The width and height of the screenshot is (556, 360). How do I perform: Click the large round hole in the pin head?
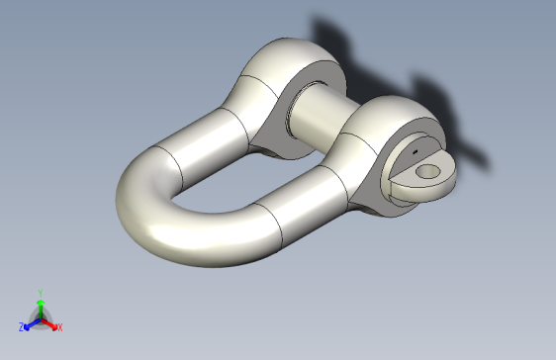[428, 172]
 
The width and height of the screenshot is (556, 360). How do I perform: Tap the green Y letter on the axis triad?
[40, 294]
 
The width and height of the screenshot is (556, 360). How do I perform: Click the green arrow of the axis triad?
[40, 307]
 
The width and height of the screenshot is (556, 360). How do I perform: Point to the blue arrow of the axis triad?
[31, 321]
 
